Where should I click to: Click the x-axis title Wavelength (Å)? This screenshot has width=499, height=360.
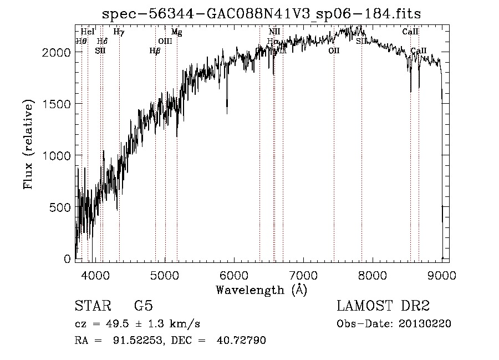[261, 290]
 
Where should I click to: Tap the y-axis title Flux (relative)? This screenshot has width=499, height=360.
[28, 145]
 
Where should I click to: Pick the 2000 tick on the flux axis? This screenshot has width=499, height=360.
[58, 52]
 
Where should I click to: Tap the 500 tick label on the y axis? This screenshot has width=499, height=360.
[61, 207]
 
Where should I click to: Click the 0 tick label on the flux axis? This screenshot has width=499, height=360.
[68, 259]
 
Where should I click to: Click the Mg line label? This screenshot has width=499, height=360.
[176, 32]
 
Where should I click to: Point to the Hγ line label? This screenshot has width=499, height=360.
[119, 32]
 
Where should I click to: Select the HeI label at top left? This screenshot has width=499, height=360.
[88, 32]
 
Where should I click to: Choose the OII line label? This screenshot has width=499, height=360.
[334, 50]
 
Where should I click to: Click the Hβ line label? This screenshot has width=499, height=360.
[155, 50]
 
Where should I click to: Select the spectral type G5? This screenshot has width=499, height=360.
[144, 306]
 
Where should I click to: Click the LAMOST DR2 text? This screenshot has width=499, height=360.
[383, 306]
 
